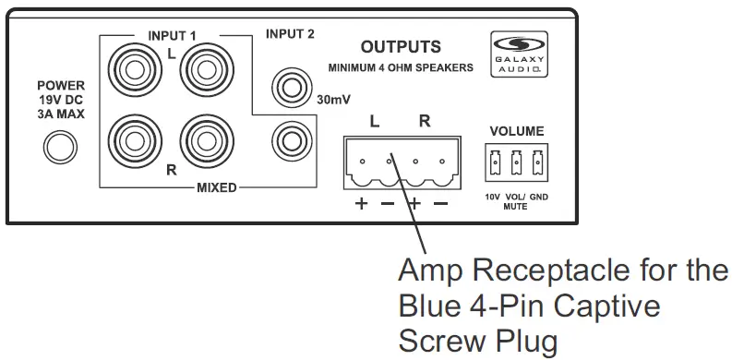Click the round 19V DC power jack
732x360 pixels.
62,145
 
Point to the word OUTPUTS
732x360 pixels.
401,46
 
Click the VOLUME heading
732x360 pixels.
516,131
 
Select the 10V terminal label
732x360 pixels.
494,196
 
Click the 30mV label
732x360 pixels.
332,99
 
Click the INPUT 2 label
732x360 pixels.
290,35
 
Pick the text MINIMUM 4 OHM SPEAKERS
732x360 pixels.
401,67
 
